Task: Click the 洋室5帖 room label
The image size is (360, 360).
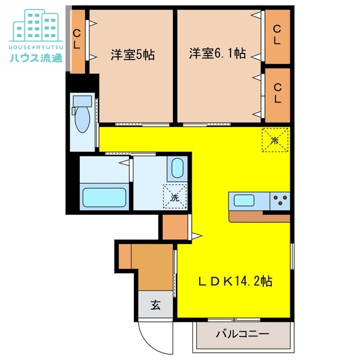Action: [x=133, y=55]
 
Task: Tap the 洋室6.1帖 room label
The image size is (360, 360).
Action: [x=217, y=54]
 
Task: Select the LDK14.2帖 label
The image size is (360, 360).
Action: [x=235, y=280]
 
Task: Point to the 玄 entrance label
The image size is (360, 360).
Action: [x=155, y=306]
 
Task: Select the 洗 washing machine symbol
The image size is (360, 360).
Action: [x=174, y=197]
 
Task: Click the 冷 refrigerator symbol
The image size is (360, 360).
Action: [x=275, y=139]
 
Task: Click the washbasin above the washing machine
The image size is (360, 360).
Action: [x=177, y=168]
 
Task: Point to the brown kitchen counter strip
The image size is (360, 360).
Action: [x=259, y=216]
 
